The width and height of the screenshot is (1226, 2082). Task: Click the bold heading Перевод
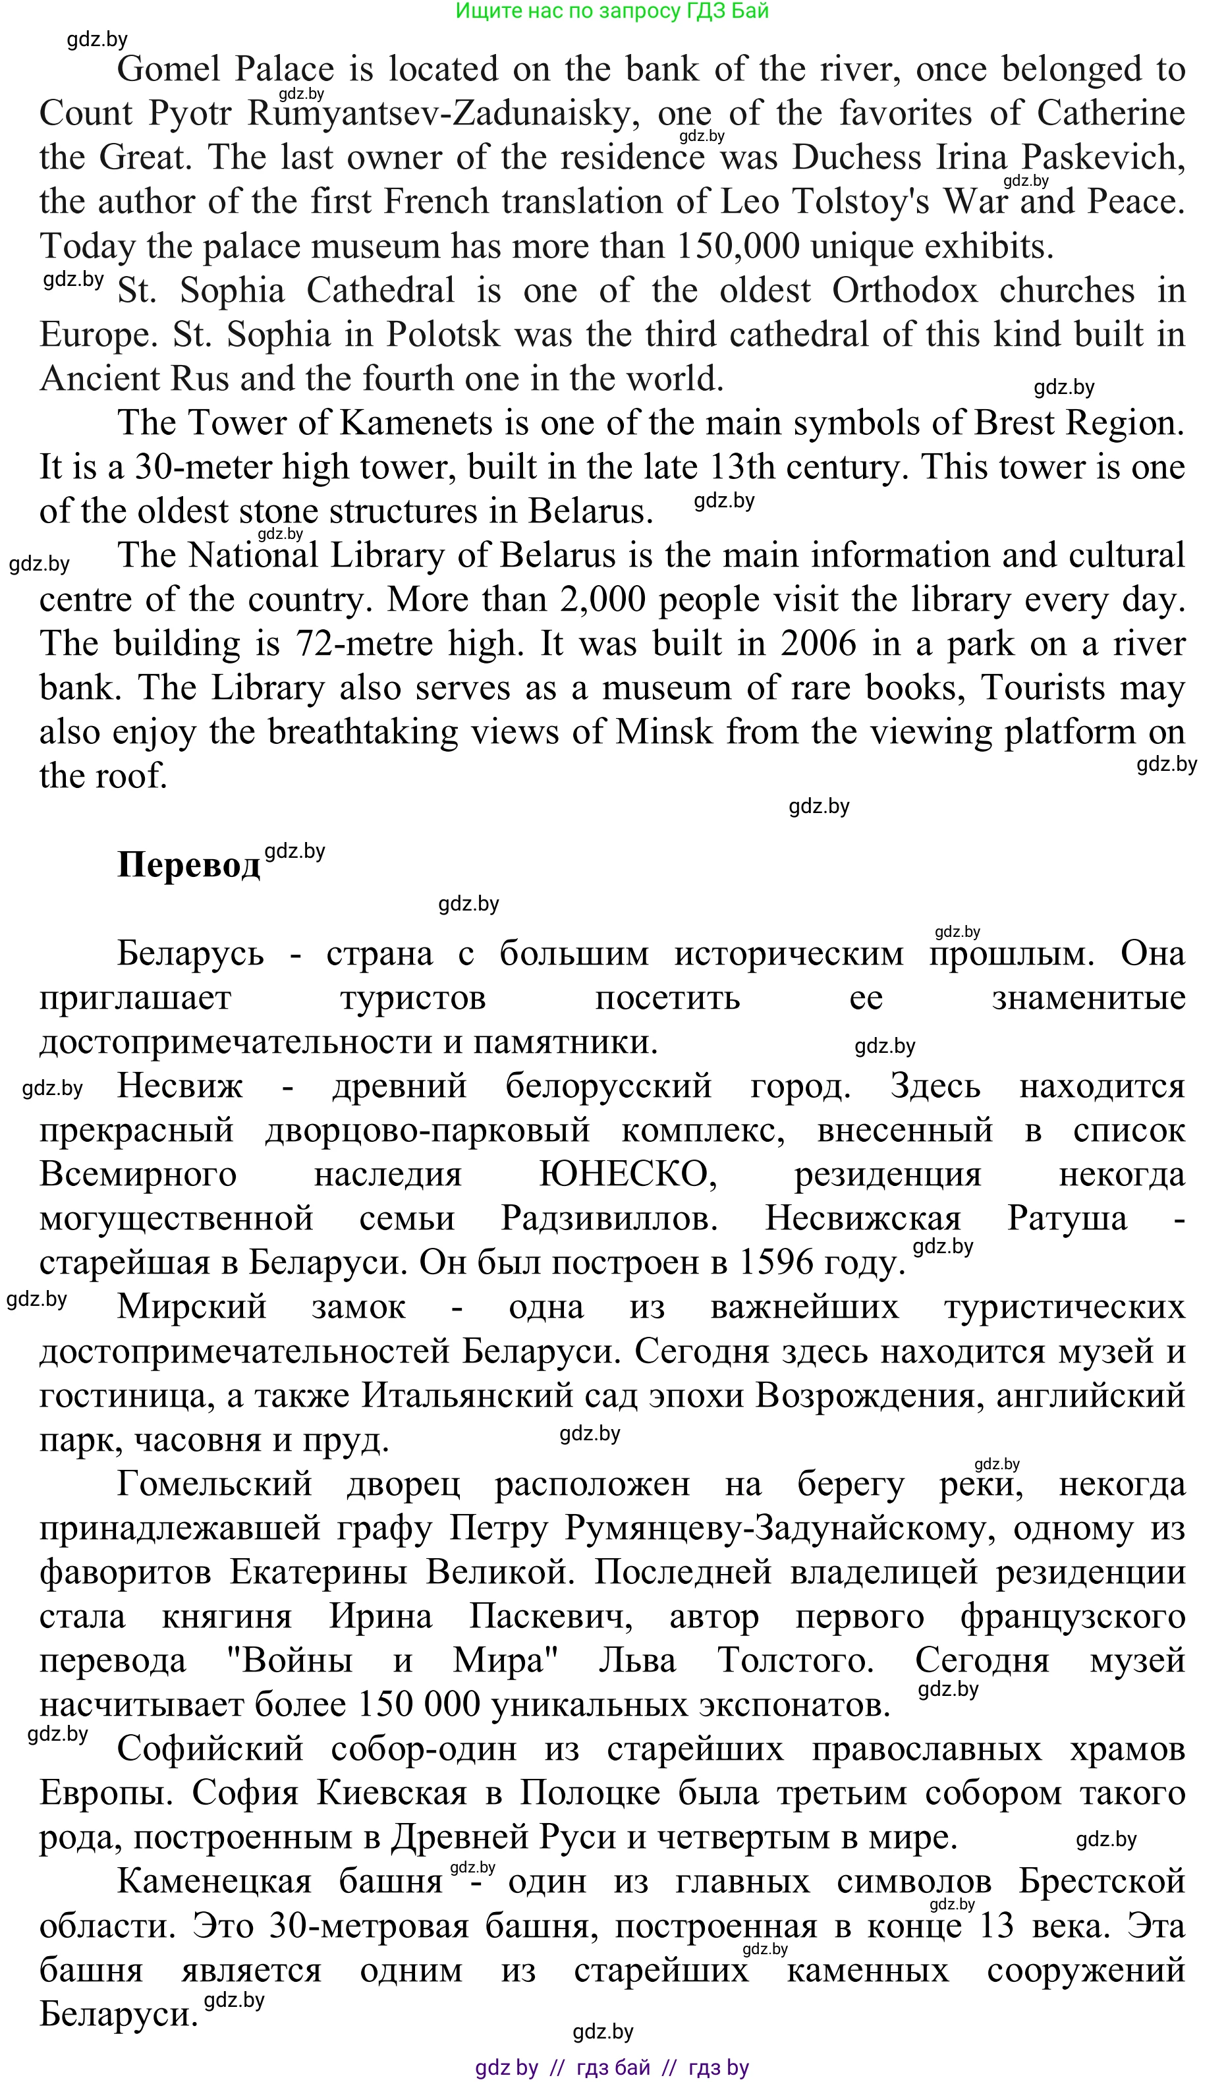point(188,865)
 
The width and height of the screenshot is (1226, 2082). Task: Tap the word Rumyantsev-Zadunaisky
point(443,114)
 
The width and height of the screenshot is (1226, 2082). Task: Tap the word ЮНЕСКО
point(628,1174)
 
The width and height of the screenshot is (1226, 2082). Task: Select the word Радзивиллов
point(609,1219)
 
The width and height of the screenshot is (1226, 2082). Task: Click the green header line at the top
point(612,11)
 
